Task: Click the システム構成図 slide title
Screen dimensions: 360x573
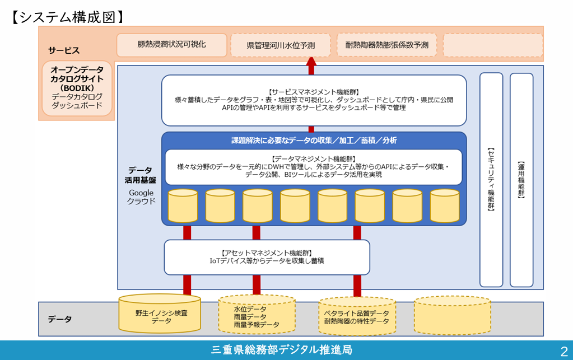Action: [x=67, y=17]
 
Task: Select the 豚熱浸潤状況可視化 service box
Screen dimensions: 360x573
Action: [x=171, y=44]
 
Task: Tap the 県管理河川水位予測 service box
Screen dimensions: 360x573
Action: [x=280, y=45]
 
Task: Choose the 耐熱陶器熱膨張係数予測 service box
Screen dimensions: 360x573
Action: [x=386, y=45]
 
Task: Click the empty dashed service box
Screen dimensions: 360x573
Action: [x=493, y=45]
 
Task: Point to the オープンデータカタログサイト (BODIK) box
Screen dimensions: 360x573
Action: [x=77, y=88]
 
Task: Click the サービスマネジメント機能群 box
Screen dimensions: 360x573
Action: [x=314, y=100]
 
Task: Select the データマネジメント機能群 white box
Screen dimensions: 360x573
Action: [x=314, y=167]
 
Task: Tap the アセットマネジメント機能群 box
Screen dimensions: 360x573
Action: [x=267, y=257]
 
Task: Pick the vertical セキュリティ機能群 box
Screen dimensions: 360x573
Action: [x=491, y=179]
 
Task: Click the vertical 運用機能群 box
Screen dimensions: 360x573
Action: [x=521, y=179]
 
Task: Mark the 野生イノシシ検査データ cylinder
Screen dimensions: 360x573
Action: [x=161, y=315]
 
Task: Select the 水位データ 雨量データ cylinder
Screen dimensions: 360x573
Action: [x=257, y=315]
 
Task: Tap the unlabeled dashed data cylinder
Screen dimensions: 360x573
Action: [x=452, y=315]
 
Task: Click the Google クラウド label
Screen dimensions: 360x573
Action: [x=141, y=197]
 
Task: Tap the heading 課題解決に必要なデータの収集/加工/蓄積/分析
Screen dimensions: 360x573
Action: [x=314, y=141]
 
